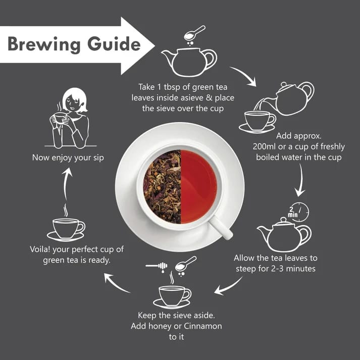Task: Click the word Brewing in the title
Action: (x=44, y=44)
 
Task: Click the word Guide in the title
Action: (x=114, y=43)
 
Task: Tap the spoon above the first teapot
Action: (x=195, y=33)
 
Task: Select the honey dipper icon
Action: (x=157, y=266)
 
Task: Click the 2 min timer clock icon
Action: (x=298, y=212)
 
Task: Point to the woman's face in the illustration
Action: (x=73, y=102)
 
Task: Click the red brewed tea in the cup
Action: (x=199, y=186)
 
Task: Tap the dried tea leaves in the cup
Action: (x=162, y=186)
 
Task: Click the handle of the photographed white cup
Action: (x=221, y=227)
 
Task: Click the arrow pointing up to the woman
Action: (x=66, y=184)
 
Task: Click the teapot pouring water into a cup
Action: (x=294, y=98)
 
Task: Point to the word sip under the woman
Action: (x=98, y=158)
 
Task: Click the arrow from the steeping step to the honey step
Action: (x=228, y=286)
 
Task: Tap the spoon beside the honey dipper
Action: (x=185, y=264)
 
